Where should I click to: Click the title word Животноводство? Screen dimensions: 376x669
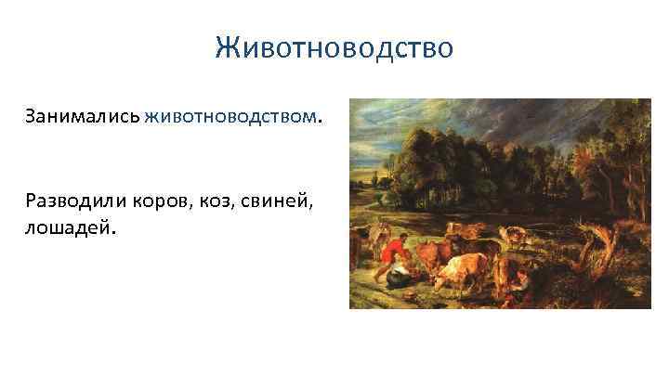tap(334, 46)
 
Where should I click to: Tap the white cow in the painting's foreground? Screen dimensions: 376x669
tap(461, 273)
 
